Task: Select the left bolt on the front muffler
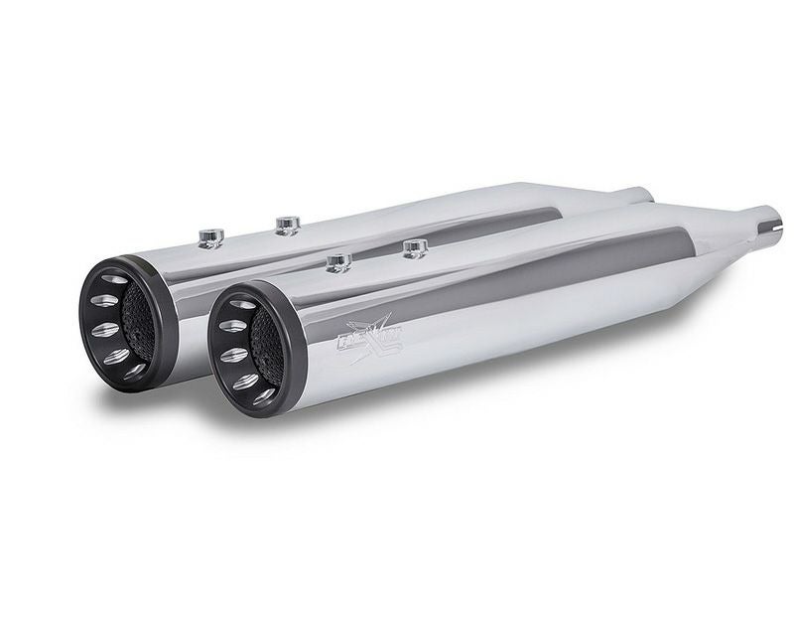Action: click(338, 261)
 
